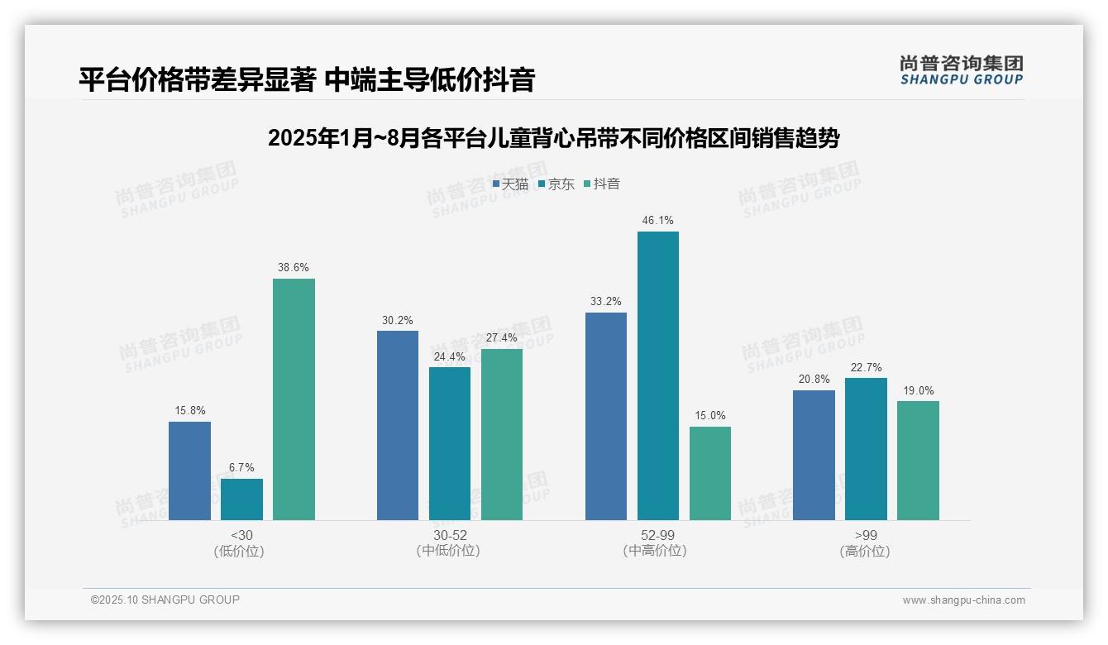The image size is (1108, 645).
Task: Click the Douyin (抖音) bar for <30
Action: tap(294, 399)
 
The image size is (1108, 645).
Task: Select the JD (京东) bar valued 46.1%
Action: tap(657, 375)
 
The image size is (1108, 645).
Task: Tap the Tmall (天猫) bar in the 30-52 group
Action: tap(398, 425)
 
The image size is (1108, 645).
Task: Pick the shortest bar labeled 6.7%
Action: tap(241, 499)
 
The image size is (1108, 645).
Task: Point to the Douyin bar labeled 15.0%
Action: tap(709, 473)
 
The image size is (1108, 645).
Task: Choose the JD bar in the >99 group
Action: tap(866, 449)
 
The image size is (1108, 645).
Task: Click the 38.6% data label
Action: tap(294, 268)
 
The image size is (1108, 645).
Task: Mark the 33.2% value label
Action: tap(605, 302)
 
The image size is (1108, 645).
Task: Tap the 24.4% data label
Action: tap(450, 357)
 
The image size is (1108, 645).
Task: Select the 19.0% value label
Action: tap(918, 391)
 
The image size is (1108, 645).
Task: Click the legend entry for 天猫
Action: tap(510, 184)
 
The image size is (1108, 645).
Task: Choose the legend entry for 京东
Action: tap(556, 184)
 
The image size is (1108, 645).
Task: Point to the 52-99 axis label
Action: tap(657, 536)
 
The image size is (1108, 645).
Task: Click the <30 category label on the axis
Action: tap(241, 536)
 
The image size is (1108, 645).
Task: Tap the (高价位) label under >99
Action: tap(865, 552)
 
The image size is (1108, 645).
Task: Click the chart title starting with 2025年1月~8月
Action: tap(553, 138)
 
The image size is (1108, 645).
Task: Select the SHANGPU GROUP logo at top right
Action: tap(961, 70)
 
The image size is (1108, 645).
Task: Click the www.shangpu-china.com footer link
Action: tap(963, 600)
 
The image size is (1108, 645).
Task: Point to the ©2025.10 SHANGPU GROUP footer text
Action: tap(165, 600)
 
